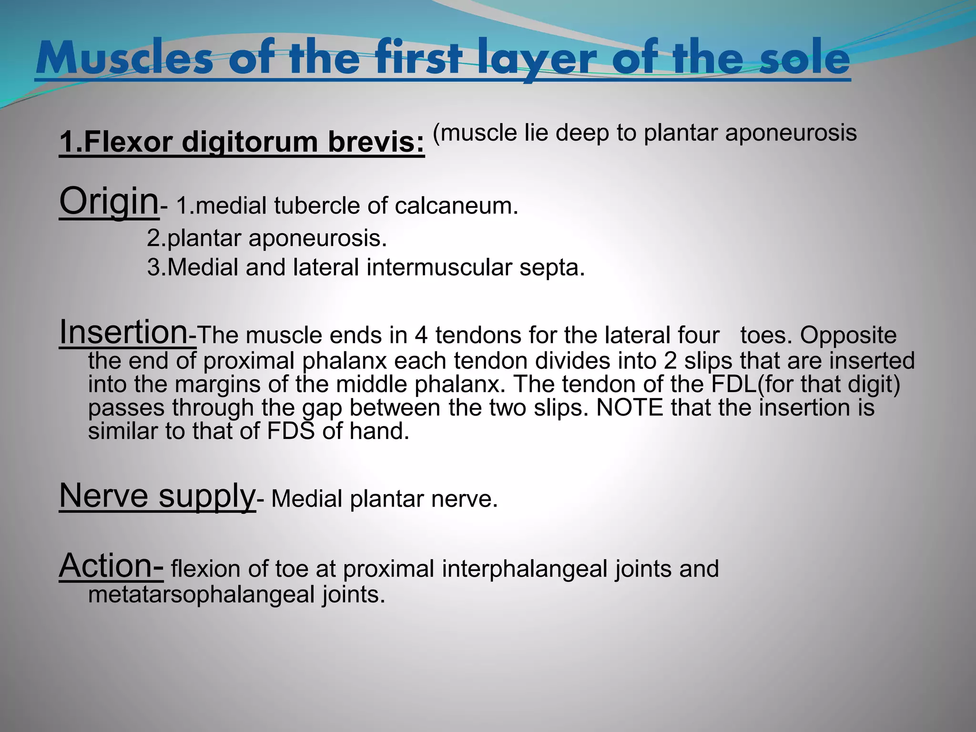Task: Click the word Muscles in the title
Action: tap(124, 59)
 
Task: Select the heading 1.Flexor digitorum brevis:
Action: tap(242, 142)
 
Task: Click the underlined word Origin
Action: tap(109, 202)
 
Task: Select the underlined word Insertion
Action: tap(123, 332)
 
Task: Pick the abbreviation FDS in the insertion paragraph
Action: tap(291, 431)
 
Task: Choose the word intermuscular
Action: tap(439, 267)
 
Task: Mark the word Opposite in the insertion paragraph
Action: tap(848, 335)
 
